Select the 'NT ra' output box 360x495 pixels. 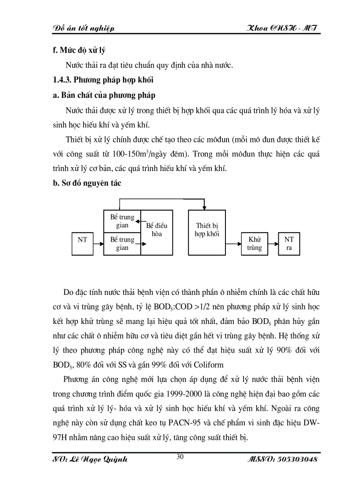click(289, 244)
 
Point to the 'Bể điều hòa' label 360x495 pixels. click(157, 230)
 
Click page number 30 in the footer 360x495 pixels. click(180, 457)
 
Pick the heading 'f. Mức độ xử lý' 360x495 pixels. click(79, 50)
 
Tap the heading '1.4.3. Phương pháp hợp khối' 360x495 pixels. click(102, 80)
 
